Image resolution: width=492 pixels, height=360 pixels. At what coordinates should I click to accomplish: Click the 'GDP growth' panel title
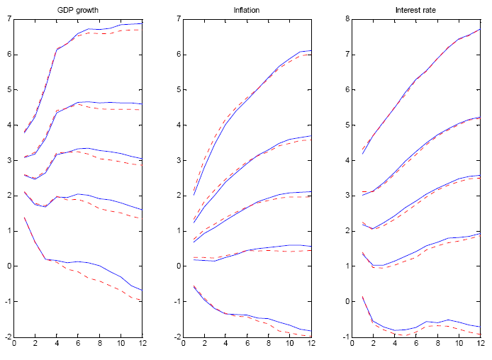click(x=78, y=9)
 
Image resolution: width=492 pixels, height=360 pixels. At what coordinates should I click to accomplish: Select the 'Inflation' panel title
click(x=246, y=9)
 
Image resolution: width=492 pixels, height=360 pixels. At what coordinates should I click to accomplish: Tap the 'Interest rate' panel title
click(x=415, y=9)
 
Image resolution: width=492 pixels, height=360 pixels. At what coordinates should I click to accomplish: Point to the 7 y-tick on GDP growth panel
click(x=8, y=18)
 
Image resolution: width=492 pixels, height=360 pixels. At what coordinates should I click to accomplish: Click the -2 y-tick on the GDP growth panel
click(x=6, y=337)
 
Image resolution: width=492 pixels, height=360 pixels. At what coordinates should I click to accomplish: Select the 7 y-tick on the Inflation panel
click(x=176, y=18)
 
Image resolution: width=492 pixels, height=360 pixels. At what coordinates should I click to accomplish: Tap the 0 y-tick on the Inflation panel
click(x=176, y=266)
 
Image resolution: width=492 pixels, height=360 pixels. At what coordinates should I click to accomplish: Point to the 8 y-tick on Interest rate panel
click(x=345, y=18)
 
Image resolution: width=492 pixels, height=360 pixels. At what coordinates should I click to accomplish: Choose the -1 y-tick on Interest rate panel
click(x=343, y=337)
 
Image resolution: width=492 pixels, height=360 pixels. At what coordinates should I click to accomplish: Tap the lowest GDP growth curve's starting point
click(x=25, y=218)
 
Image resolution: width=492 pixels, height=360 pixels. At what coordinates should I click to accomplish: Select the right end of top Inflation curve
click(x=311, y=51)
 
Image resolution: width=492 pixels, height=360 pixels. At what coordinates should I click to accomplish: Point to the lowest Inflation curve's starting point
click(x=193, y=286)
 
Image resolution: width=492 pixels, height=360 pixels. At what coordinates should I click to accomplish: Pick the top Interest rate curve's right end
click(x=480, y=29)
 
